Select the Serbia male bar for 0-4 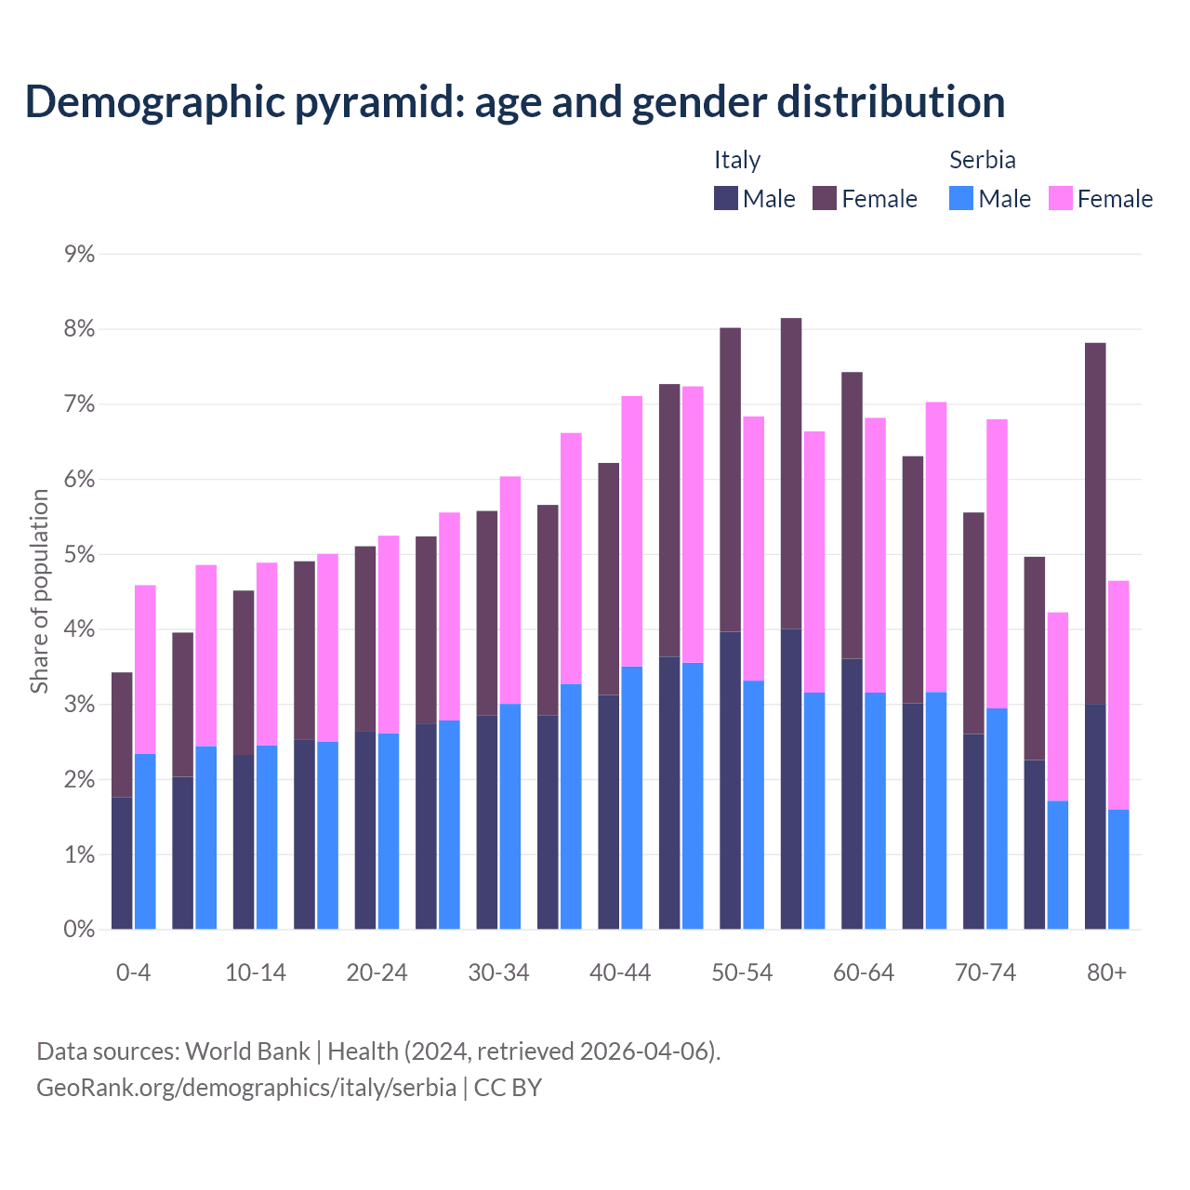(145, 841)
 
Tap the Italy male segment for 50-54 (731, 780)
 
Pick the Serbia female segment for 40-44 (632, 531)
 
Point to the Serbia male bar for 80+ (1118, 869)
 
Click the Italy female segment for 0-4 (122, 734)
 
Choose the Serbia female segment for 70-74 (997, 563)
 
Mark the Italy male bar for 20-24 (365, 830)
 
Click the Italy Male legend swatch (726, 198)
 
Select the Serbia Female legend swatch (1060, 198)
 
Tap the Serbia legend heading (982, 160)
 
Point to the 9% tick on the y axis (80, 255)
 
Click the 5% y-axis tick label (80, 555)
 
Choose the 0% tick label (80, 930)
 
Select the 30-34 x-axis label (498, 972)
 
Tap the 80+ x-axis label (1106, 972)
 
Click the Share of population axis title (39, 591)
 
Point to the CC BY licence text (508, 1088)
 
